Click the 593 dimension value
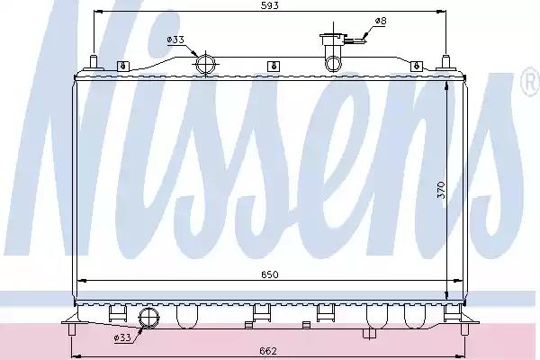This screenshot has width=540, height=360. [x=269, y=5]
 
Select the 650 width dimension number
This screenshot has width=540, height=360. [x=269, y=274]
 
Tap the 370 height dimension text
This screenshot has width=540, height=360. [x=441, y=190]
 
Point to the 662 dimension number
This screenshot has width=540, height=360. [x=268, y=351]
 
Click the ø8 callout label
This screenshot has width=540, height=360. [x=381, y=21]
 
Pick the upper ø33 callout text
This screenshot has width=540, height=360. [x=175, y=40]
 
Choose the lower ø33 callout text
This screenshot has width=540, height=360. [x=122, y=337]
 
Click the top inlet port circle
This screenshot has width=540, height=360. [x=205, y=64]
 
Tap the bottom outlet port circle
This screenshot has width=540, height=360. [x=148, y=318]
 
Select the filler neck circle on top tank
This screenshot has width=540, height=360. [x=333, y=64]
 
